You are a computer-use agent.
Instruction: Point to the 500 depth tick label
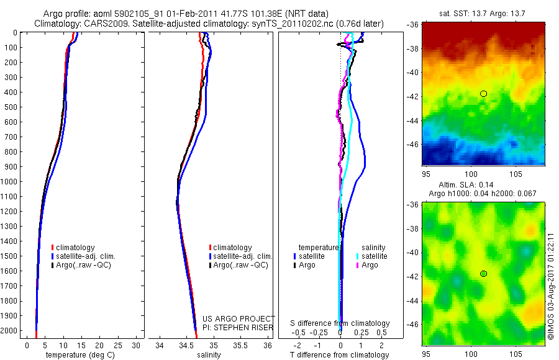[11, 107]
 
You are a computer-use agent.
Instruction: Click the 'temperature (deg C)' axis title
[76, 355]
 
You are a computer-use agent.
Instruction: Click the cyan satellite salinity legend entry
[370, 256]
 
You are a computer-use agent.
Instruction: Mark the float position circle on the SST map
[483, 94]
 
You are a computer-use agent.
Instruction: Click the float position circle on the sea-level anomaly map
[483, 274]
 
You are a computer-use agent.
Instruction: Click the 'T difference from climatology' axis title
[340, 355]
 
